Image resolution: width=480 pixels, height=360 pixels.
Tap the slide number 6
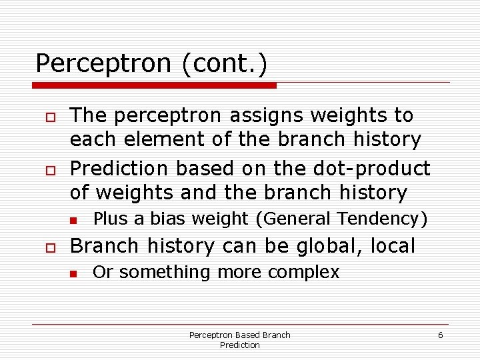pyautogui.click(x=440, y=335)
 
